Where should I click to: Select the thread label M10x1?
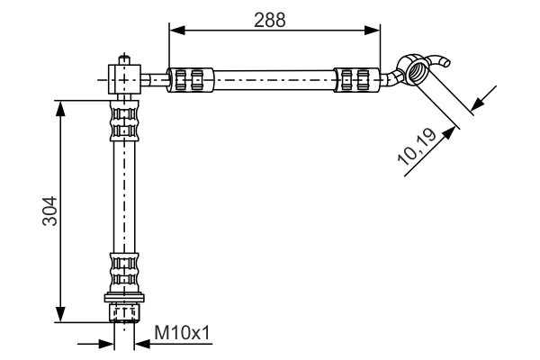coord(182,335)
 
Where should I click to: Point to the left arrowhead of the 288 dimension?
coord(176,31)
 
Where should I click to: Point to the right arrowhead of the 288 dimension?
coord(373,31)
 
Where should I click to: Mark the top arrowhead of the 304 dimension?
coord(61,106)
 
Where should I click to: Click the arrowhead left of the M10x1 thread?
coord(107,342)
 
